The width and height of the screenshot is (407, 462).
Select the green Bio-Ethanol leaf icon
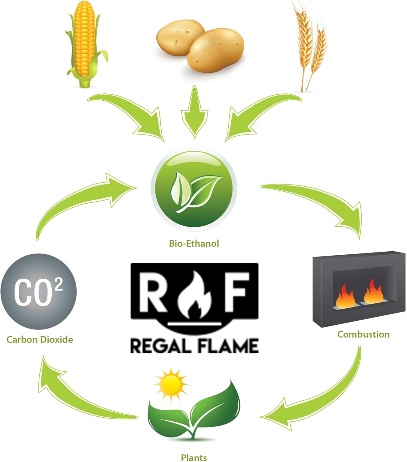[x=194, y=189]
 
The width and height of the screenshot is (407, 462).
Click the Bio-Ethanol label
[x=194, y=244]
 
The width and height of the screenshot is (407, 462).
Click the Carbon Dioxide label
[x=40, y=340]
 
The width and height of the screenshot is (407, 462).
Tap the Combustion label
[x=363, y=334]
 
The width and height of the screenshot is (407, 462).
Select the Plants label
[x=194, y=457]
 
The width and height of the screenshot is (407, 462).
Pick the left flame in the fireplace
[x=345, y=297]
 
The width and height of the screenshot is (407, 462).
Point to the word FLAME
[x=228, y=346]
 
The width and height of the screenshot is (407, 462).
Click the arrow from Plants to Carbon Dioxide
[x=80, y=394]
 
